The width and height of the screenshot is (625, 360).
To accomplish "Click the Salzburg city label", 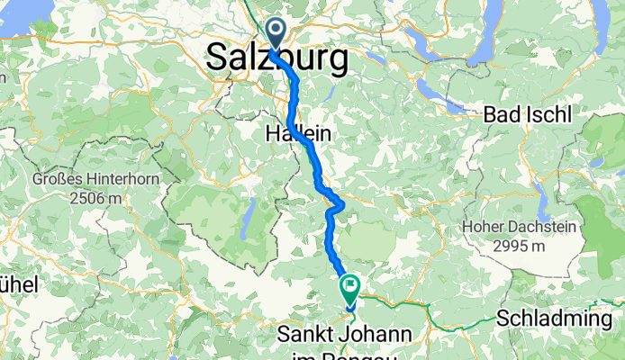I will coord(277,58).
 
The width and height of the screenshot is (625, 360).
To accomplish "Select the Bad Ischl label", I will coord(527,115).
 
